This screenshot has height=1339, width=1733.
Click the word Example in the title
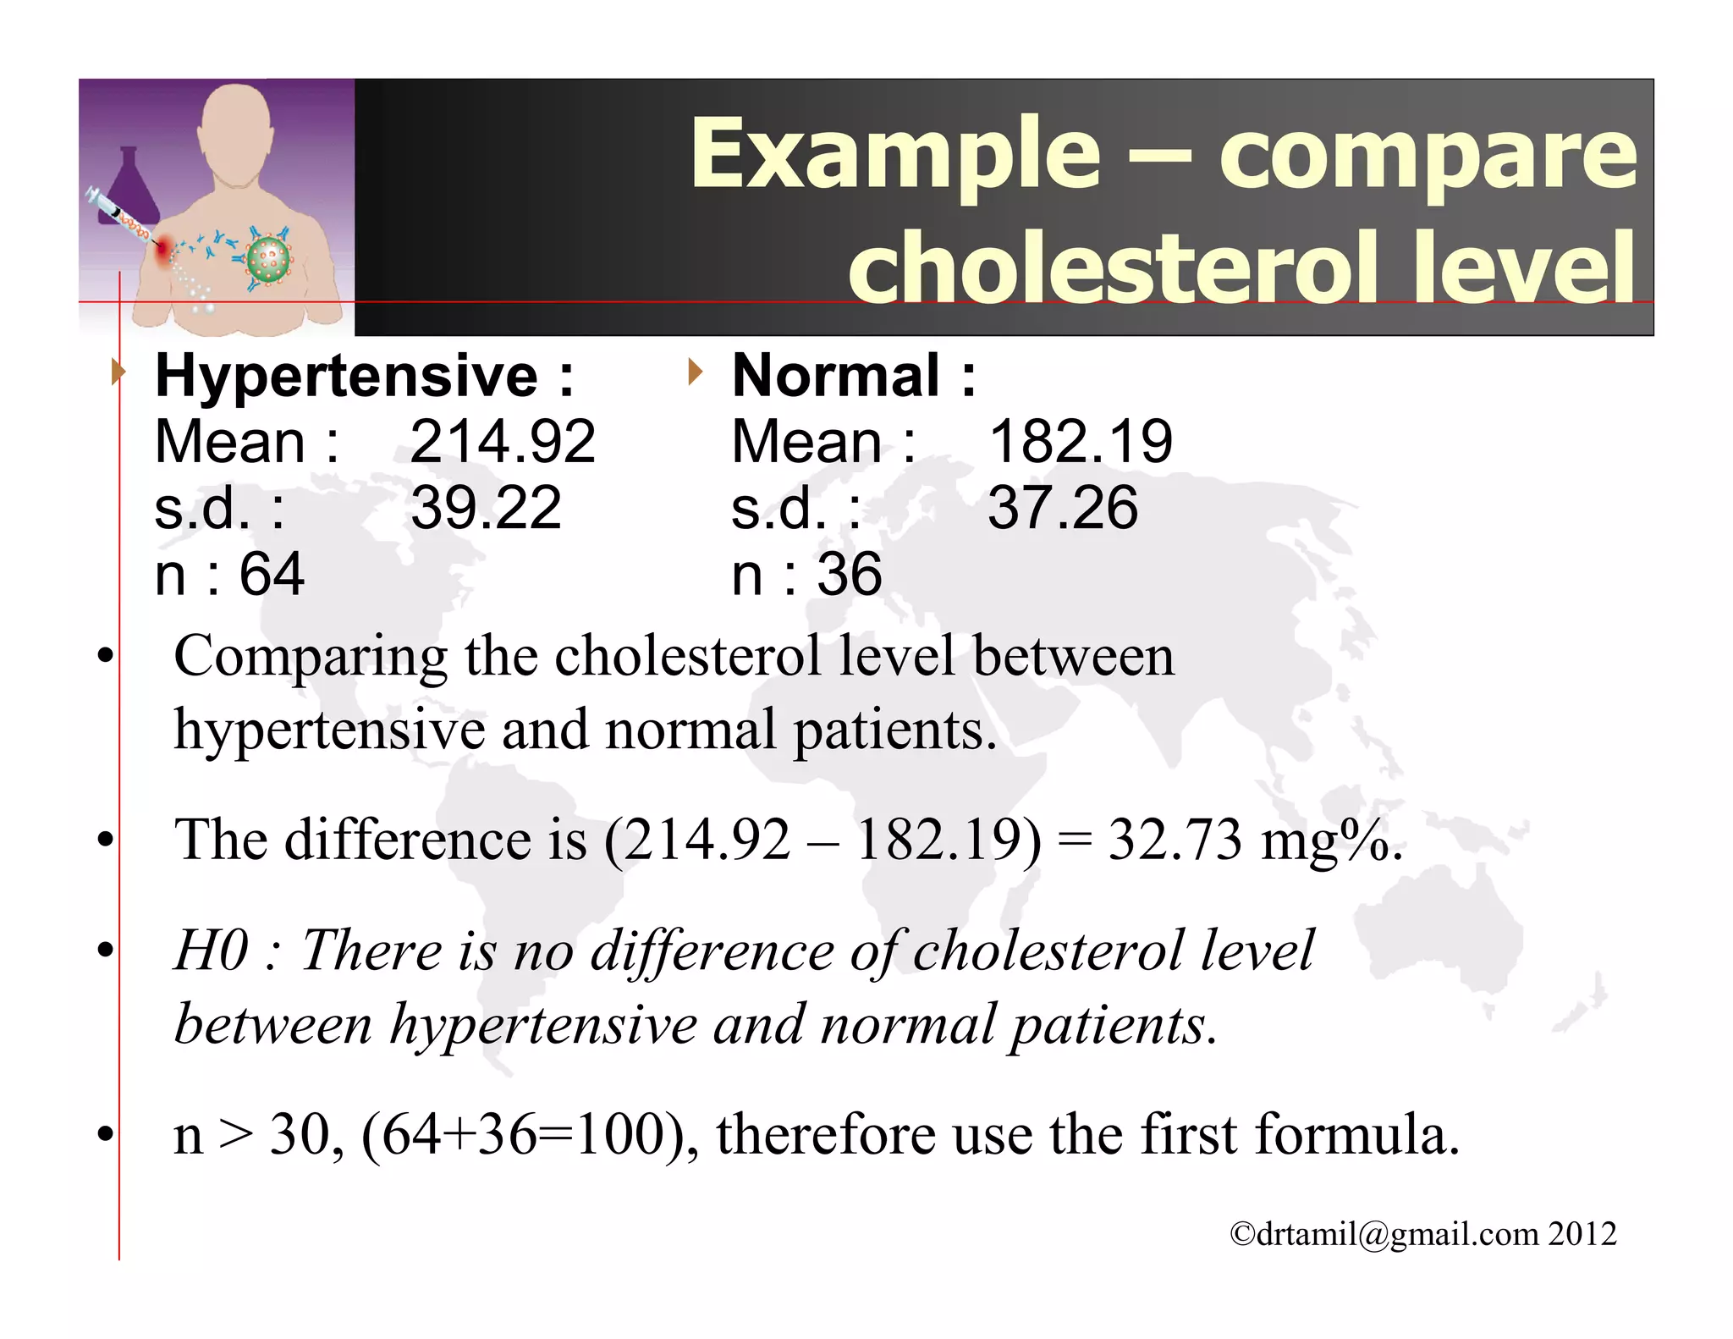[895, 154]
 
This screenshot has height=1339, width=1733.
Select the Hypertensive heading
[346, 376]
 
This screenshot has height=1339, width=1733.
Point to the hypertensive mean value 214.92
[503, 442]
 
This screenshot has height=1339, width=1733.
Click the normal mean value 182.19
[1080, 442]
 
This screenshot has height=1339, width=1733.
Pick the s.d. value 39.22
[486, 508]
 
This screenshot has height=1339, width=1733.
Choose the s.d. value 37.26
[1063, 508]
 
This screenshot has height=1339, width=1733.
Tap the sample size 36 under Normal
[849, 575]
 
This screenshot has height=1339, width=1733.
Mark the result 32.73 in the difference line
[1175, 840]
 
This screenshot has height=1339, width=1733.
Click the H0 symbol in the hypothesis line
[211, 951]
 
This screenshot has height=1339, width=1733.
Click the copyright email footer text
[1422, 1234]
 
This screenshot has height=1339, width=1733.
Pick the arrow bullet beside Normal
[695, 372]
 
